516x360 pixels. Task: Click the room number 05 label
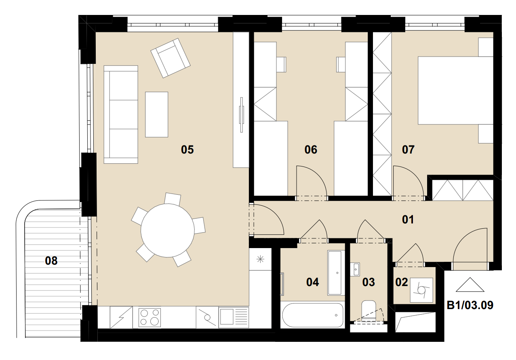pos(187,149)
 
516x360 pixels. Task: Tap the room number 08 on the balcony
pos(51,261)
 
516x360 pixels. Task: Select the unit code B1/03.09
pos(470,305)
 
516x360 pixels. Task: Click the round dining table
pos(167,230)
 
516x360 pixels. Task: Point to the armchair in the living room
pos(171,58)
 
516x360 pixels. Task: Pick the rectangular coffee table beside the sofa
pos(156,114)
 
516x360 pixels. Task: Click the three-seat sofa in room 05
pos(121,114)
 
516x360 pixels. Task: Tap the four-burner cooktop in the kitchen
pos(150,317)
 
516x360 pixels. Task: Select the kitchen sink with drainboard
pos(234,317)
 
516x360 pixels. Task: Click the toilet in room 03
pos(369,310)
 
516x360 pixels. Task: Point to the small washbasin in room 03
pos(355,269)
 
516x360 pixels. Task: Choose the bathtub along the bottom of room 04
pos(313,315)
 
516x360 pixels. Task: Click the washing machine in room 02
pos(421,290)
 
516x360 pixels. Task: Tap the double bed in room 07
pos(455,91)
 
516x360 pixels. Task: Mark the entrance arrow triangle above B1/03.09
pos(470,285)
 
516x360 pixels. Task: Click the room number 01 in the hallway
pos(408,219)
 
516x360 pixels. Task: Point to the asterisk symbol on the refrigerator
pos(260,259)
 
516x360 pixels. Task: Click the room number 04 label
pos(313,282)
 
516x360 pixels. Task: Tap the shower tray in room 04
pos(336,273)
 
